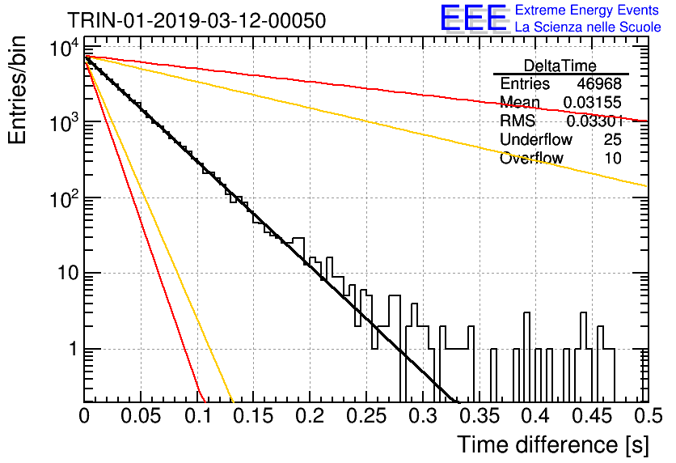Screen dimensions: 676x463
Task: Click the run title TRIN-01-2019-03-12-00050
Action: pos(196,20)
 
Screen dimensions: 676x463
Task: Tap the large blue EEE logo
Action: pos(473,18)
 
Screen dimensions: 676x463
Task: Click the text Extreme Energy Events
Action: pos(587,10)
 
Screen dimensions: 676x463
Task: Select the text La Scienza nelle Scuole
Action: pos(588,27)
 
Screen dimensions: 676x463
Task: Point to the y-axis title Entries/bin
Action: pos(17,91)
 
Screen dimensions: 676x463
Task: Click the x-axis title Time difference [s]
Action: pos(553,444)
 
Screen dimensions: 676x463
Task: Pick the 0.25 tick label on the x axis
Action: pos(366,416)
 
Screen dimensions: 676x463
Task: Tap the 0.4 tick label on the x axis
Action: pos(536,416)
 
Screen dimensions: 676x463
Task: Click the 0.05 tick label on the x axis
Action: pos(141,416)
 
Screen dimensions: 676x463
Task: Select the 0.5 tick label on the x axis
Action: pos(648,416)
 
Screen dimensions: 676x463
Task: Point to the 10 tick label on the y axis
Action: pos(68,273)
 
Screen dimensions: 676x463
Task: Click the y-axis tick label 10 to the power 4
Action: pos(64,49)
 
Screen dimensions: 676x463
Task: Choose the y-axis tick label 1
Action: pos(74,349)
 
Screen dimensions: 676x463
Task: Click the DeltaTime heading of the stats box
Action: pos(560,66)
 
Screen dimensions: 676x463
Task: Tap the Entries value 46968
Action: pos(599,83)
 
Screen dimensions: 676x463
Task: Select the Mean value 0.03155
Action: pos(593,102)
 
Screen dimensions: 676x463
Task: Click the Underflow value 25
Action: pos(613,139)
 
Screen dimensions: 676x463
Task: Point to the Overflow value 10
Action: pos(613,158)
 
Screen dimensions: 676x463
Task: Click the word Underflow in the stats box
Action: pos(536,139)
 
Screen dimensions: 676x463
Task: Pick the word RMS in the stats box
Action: pos(518,121)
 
